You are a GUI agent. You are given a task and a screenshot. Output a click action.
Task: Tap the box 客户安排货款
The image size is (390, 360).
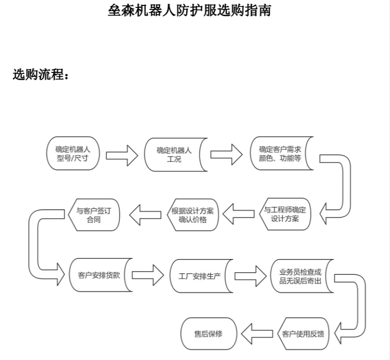(99, 275)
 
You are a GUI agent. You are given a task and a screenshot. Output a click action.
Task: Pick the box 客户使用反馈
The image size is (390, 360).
(303, 333)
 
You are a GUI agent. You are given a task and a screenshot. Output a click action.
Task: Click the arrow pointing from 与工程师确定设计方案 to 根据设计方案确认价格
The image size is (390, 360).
(240, 214)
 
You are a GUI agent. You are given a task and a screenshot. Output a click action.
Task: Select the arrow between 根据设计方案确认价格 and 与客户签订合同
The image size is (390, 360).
(145, 214)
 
